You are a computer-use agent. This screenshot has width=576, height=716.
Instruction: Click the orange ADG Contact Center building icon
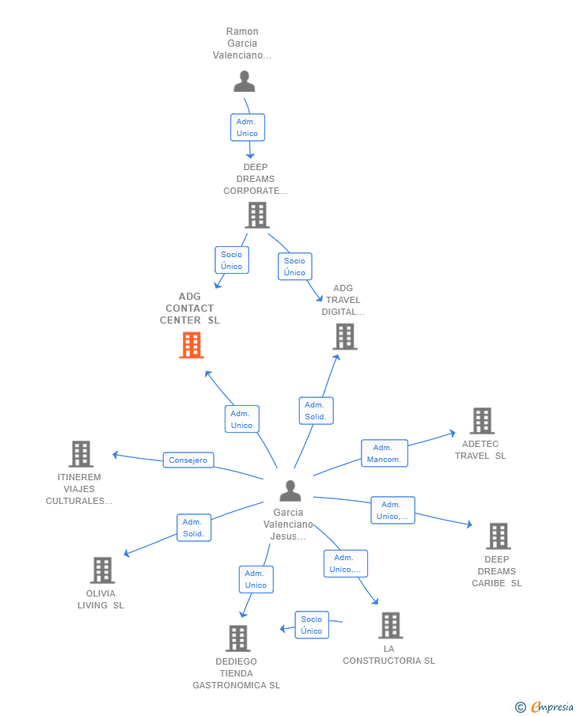pyautogui.click(x=191, y=345)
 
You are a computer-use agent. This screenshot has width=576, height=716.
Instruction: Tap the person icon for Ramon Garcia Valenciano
pyautogui.click(x=244, y=81)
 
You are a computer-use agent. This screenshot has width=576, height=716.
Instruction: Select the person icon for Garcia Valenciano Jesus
pyautogui.click(x=290, y=491)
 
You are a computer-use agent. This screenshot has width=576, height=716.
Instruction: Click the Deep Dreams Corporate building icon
pyautogui.click(x=257, y=214)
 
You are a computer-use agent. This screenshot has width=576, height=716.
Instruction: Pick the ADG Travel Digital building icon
pyautogui.click(x=344, y=336)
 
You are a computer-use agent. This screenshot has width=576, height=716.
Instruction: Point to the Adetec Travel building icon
pyautogui.click(x=482, y=421)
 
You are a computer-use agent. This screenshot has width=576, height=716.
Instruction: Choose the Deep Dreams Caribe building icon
pyautogui.click(x=498, y=536)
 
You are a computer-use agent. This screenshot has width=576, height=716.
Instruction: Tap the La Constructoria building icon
pyautogui.click(x=390, y=625)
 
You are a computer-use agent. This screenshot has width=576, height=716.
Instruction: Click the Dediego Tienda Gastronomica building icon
pyautogui.click(x=238, y=638)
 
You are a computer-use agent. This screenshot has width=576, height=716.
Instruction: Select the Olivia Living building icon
pyautogui.click(x=102, y=570)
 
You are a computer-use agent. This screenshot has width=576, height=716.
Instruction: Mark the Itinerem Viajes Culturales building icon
pyautogui.click(x=81, y=454)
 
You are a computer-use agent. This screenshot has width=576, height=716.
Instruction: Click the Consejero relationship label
pyautogui.click(x=188, y=460)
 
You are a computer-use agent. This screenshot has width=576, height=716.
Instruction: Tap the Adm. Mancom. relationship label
pyautogui.click(x=385, y=453)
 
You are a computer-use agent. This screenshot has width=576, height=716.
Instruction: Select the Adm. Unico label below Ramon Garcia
pyautogui.click(x=247, y=127)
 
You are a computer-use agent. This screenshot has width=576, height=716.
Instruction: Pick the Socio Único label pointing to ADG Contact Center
pyautogui.click(x=232, y=260)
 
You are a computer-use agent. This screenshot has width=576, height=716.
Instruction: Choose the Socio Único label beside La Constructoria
pyautogui.click(x=312, y=625)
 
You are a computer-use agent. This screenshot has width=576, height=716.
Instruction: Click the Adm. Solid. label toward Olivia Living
pyautogui.click(x=193, y=528)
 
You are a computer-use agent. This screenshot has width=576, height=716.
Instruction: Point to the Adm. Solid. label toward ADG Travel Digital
pyautogui.click(x=316, y=411)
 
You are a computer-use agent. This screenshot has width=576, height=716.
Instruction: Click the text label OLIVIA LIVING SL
pyautogui.click(x=100, y=600)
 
